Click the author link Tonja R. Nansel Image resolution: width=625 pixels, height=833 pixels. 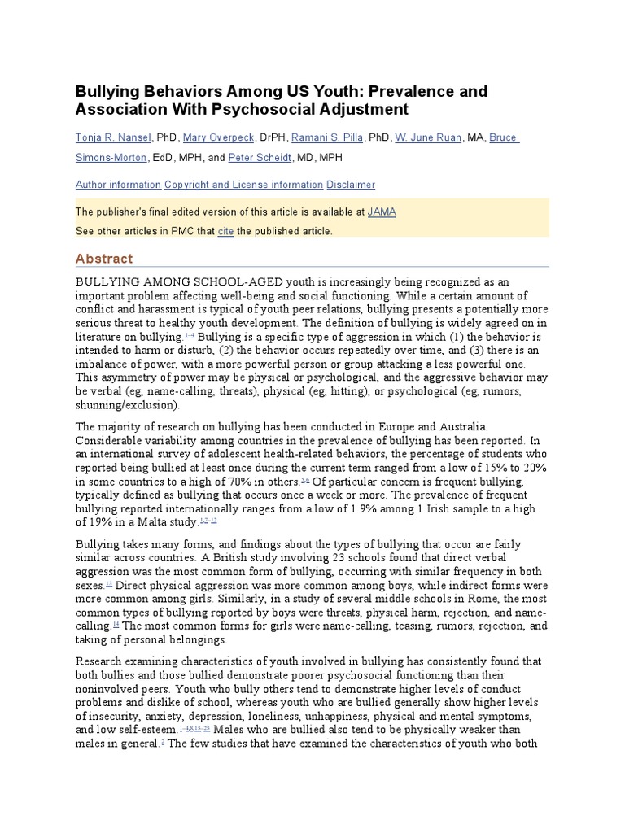(113, 137)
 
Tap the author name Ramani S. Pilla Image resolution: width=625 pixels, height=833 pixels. (327, 137)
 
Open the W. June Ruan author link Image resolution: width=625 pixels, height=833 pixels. (428, 137)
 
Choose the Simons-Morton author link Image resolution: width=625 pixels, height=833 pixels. (111, 157)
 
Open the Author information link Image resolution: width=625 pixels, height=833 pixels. (118, 185)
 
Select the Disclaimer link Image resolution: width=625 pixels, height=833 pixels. (351, 185)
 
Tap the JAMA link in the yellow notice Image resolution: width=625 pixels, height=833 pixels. (382, 212)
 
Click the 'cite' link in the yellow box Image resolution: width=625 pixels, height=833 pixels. (225, 231)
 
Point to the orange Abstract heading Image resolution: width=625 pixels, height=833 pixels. (103, 259)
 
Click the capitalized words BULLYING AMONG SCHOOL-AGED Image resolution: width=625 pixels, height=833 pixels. (154, 281)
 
